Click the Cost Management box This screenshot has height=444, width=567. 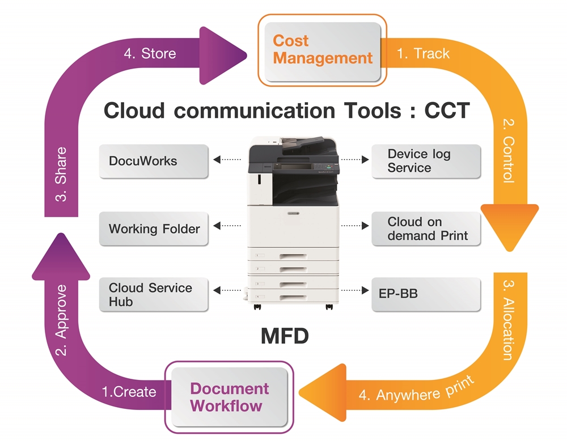[x=323, y=51]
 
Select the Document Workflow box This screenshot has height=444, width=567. [x=229, y=396]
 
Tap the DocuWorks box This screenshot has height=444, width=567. [x=154, y=161]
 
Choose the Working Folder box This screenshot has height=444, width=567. [x=154, y=229]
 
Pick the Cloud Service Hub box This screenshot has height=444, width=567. [x=154, y=295]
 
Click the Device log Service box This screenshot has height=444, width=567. [x=426, y=161]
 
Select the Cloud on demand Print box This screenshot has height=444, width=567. [x=426, y=229]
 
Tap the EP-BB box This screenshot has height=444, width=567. [x=426, y=295]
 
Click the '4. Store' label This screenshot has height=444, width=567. [x=150, y=53]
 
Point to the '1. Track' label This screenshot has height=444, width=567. [x=423, y=53]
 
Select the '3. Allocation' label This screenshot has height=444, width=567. [x=509, y=320]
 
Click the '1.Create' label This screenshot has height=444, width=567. [x=129, y=392]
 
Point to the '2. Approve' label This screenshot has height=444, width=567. [x=61, y=320]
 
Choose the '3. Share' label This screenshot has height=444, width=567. [x=61, y=174]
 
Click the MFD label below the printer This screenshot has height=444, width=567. [x=285, y=336]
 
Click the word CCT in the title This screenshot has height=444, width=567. [x=447, y=110]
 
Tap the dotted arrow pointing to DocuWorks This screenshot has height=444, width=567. [x=227, y=159]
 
